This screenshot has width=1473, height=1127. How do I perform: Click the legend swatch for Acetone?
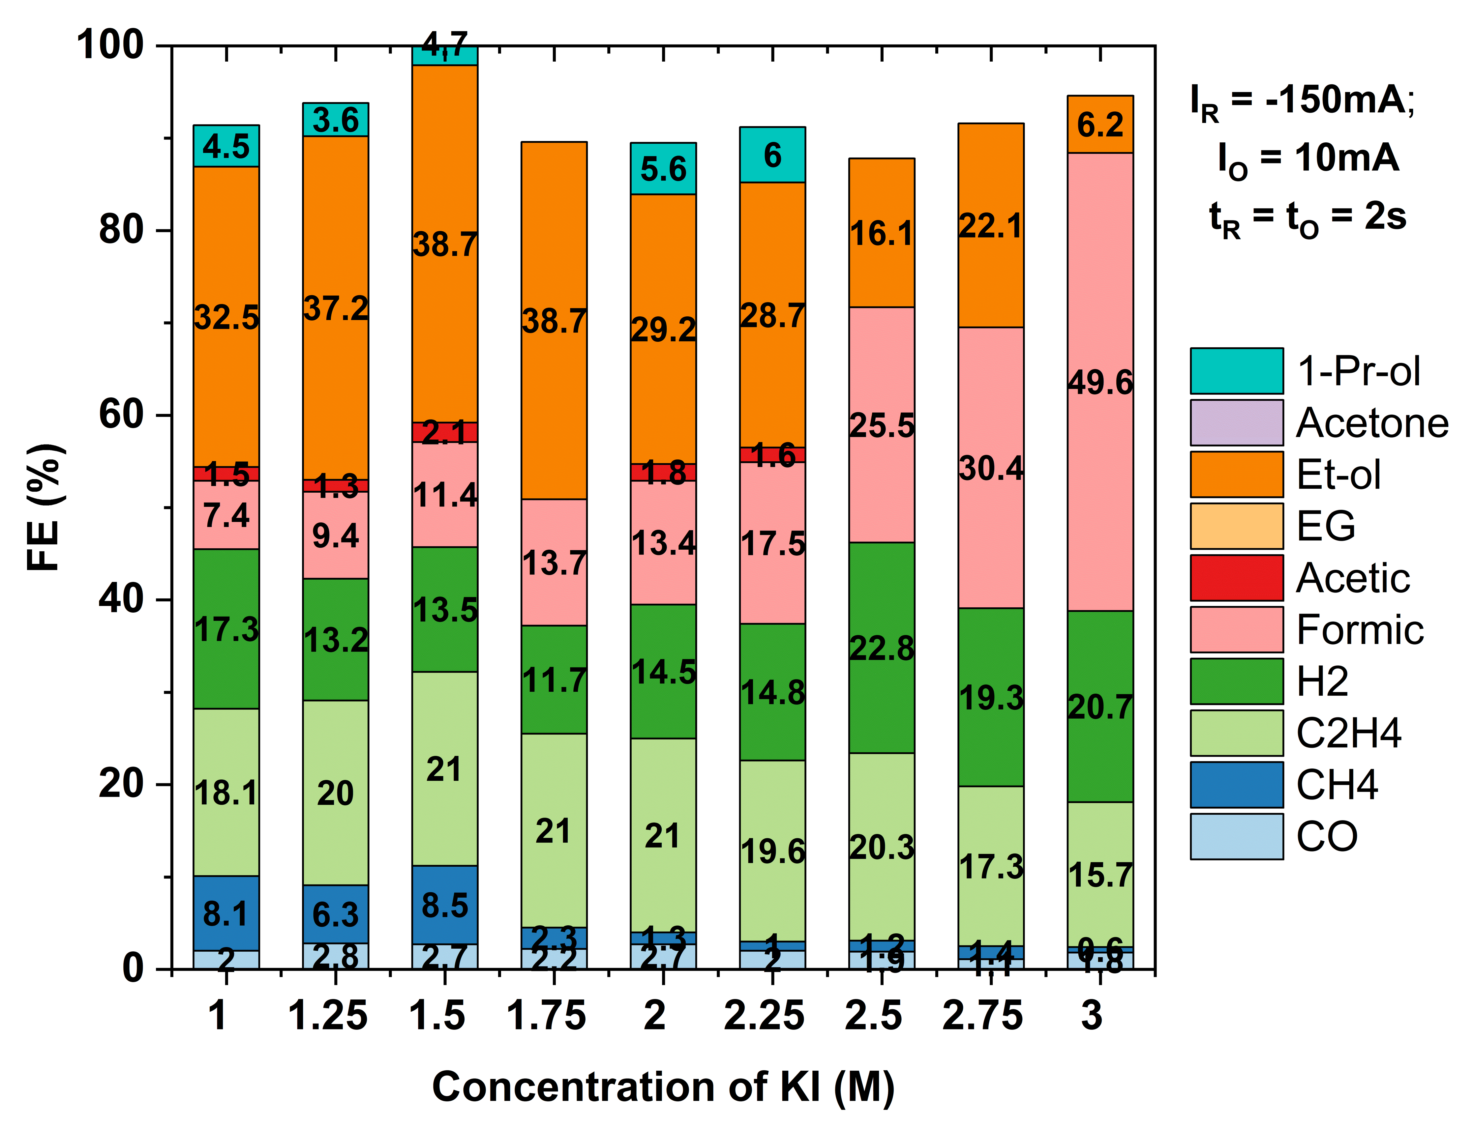1236,422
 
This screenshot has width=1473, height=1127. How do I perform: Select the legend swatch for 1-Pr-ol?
1236,371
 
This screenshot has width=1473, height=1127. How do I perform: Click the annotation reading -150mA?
1339,99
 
